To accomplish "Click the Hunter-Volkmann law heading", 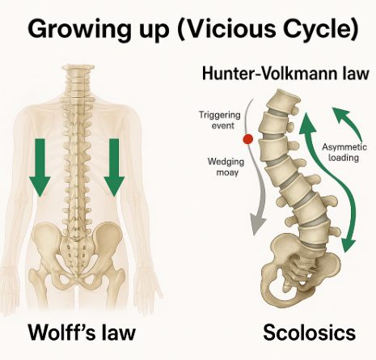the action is pyautogui.click(x=285, y=73).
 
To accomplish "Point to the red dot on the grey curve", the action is pyautogui.click(x=247, y=139).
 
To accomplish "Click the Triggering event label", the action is pyautogui.click(x=219, y=120).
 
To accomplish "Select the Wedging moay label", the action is pyautogui.click(x=226, y=167).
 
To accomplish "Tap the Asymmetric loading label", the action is pyautogui.click(x=344, y=152).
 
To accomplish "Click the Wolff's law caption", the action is pyautogui.click(x=82, y=332).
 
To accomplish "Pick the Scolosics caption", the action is pyautogui.click(x=309, y=332).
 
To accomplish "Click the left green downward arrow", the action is pyautogui.click(x=40, y=167).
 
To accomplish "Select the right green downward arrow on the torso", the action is pyautogui.click(x=114, y=167).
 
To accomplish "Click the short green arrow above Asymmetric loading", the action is pyautogui.click(x=346, y=121).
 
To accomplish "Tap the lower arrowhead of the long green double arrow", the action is pyautogui.click(x=349, y=242).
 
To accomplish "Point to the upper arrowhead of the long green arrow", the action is pyautogui.click(x=307, y=123).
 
